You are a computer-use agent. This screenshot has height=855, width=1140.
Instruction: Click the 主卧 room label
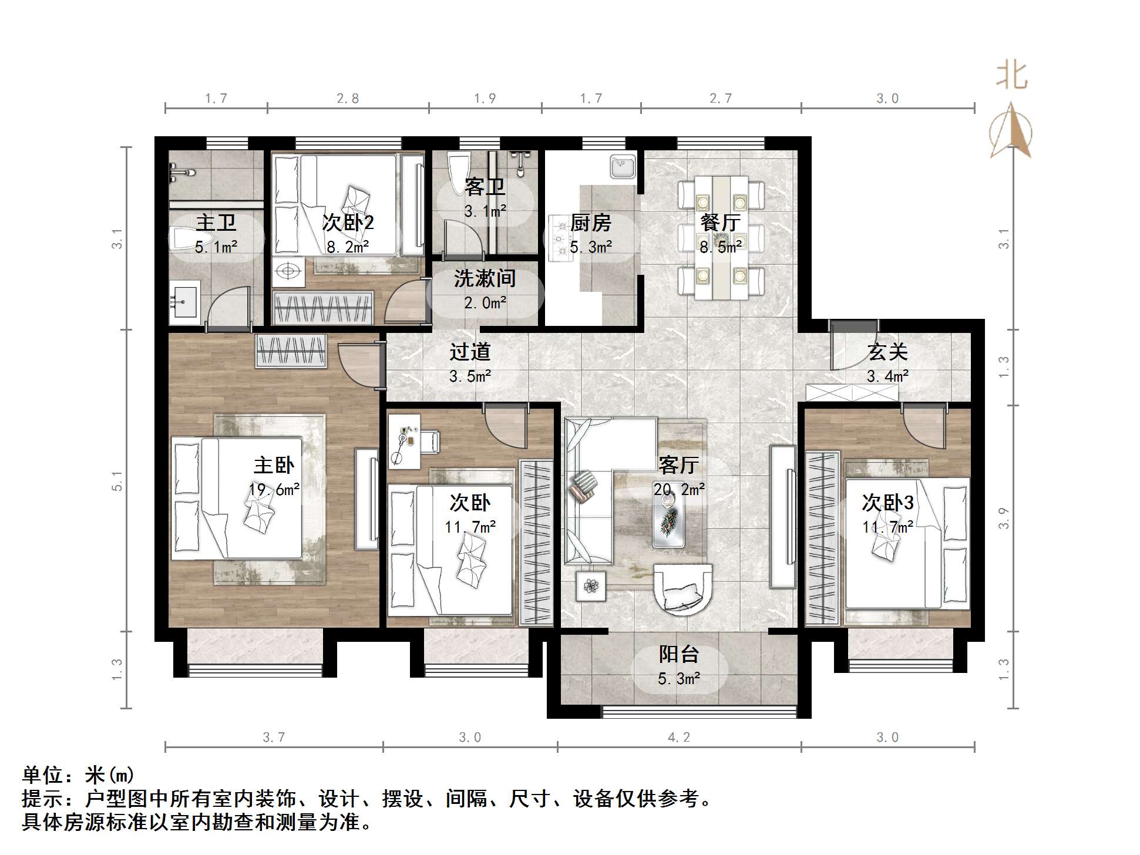pos(274,465)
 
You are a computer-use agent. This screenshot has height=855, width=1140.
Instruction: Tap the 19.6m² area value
pos(274,490)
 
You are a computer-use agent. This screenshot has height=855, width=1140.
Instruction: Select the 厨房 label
pos(590,223)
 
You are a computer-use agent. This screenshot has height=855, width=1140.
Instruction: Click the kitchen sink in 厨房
pos(623,166)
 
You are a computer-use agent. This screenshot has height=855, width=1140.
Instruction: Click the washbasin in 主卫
pos(184,302)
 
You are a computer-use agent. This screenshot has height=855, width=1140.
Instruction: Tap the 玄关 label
pos(887,352)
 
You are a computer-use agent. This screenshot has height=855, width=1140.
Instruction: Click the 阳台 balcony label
pos(678,654)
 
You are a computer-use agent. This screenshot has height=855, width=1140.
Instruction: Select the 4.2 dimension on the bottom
pos(678,738)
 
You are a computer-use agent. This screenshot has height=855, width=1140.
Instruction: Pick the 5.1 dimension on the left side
pos(117,480)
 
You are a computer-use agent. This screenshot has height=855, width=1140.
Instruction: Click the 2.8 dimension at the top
pos(348,99)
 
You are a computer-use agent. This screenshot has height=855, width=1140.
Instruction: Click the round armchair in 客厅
pos(683,590)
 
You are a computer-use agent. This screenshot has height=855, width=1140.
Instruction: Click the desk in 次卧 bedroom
pos(404,441)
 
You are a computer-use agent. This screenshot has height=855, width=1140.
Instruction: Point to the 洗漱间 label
pos(485,278)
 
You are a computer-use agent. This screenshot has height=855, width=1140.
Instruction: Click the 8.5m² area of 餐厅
pos(720,247)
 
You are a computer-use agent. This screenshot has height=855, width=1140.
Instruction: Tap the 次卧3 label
pos(887,503)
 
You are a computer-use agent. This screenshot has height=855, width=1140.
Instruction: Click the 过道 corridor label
pos(470,352)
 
